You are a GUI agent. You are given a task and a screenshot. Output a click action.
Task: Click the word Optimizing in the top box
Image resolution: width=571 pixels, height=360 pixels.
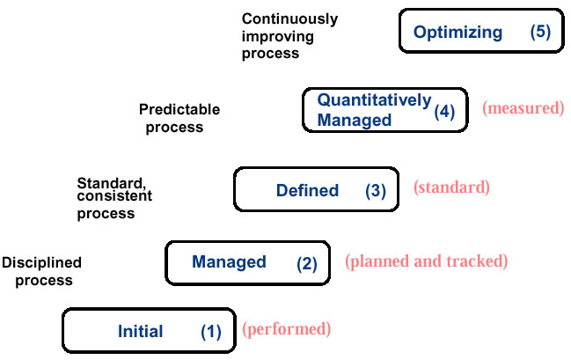(x=458, y=33)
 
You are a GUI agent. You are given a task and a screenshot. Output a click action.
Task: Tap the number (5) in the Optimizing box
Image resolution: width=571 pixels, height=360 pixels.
(x=540, y=32)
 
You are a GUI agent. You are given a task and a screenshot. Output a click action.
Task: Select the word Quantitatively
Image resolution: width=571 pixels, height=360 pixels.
(x=374, y=100)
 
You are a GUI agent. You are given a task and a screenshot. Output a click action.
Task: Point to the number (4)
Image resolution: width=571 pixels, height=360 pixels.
(x=444, y=112)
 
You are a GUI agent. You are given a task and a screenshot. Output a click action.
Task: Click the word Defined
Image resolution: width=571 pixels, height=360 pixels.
(x=307, y=191)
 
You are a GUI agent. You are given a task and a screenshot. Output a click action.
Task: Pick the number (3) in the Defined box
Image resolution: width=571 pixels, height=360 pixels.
(x=376, y=191)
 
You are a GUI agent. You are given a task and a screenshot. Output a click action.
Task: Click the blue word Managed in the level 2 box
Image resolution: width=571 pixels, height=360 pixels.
(x=229, y=262)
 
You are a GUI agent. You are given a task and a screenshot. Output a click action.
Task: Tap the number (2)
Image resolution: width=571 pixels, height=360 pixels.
(x=307, y=264)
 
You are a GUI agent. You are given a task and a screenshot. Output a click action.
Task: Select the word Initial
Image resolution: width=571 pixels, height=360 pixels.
(x=140, y=331)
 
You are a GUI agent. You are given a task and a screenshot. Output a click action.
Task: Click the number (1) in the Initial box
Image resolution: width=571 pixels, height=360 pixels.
(x=211, y=333)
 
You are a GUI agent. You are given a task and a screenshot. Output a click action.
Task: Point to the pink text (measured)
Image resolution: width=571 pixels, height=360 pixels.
(x=523, y=108)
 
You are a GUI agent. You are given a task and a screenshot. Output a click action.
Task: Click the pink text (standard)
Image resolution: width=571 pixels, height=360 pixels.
(x=451, y=187)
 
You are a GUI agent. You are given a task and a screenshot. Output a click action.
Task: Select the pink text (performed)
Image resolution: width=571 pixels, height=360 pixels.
(x=287, y=329)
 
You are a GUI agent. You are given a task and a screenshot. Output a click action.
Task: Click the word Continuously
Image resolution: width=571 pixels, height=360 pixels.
(x=289, y=19)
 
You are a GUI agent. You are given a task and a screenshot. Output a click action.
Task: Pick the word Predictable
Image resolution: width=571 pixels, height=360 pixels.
(x=179, y=109)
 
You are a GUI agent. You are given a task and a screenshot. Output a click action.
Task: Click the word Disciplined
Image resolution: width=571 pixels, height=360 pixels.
(x=41, y=262)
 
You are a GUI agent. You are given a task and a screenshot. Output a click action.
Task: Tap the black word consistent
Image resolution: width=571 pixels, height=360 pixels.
(x=114, y=196)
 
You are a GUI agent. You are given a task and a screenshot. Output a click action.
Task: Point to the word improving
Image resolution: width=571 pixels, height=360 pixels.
(x=277, y=36)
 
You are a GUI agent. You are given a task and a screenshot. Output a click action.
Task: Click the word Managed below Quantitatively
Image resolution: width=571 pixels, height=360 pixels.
(x=355, y=121)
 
